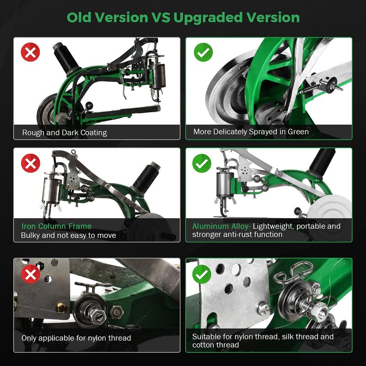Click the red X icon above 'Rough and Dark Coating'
(x=30, y=52)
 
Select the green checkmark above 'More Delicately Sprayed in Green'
(x=203, y=52)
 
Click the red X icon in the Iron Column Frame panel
(x=30, y=163)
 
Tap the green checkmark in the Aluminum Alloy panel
(x=202, y=163)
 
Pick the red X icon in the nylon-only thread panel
(x=30, y=274)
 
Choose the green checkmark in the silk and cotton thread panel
(x=202, y=274)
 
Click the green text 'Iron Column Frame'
(x=56, y=226)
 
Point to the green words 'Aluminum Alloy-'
(x=221, y=226)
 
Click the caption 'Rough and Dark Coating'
(x=65, y=133)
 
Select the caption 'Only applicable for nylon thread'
(x=76, y=338)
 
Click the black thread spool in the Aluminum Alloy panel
(x=322, y=162)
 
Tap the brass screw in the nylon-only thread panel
(x=61, y=307)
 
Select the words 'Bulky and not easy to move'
(x=68, y=235)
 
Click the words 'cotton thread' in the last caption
(x=215, y=345)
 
